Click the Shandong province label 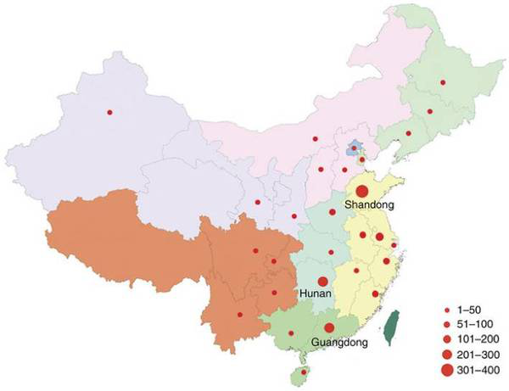click(371, 205)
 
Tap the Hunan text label click(315, 293)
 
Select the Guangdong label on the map click(336, 343)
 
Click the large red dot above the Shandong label click(362, 192)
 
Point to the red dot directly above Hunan click(322, 281)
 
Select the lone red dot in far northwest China click(109, 112)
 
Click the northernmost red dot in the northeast click(442, 82)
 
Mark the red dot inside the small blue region click(353, 149)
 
